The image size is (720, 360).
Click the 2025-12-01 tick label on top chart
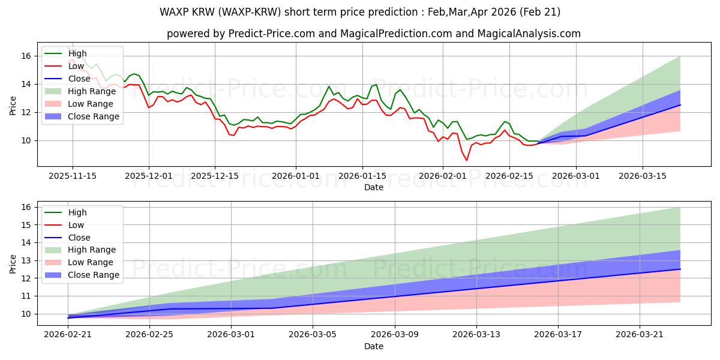[149, 176]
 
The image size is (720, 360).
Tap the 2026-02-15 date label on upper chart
[509, 176]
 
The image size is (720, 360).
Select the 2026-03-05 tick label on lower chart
[313, 335]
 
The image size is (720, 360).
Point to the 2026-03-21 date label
[640, 335]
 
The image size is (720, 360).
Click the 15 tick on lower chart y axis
[26, 225]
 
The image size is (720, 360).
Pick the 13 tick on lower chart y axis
[26, 260]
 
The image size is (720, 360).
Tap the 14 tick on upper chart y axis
[26, 84]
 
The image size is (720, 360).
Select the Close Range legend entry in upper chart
[82, 116]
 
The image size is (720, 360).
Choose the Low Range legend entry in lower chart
[79, 262]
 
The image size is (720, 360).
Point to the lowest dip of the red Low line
[467, 160]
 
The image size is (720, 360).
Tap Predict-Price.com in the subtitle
[272, 34]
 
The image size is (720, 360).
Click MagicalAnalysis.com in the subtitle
[529, 34]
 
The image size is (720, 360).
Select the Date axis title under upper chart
[373, 187]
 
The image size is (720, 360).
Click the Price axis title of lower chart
[13, 264]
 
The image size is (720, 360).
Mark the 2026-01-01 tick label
[296, 176]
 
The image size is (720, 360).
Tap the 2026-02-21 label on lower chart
[68, 335]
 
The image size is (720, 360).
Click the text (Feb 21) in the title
[539, 12]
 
